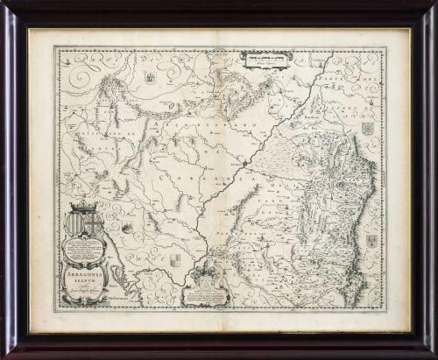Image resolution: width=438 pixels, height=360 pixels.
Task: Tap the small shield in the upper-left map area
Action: coord(150,78)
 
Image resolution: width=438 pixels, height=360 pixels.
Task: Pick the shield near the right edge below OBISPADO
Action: coord(367,129)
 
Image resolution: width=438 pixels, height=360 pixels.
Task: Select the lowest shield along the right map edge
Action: coord(371,240)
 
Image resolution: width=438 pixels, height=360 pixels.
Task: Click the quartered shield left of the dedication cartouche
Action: coord(175,260)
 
